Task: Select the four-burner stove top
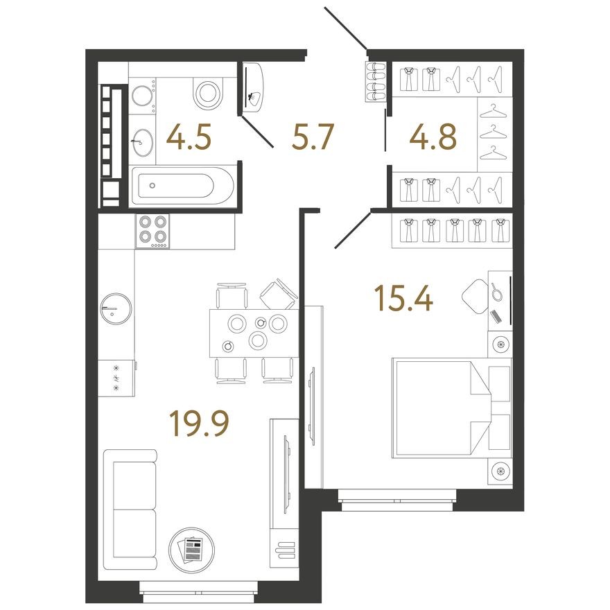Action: [x=152, y=230]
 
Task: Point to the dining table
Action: [x=254, y=332]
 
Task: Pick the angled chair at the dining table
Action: [x=279, y=294]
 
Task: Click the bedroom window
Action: [x=397, y=498]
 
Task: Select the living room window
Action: [x=198, y=588]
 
